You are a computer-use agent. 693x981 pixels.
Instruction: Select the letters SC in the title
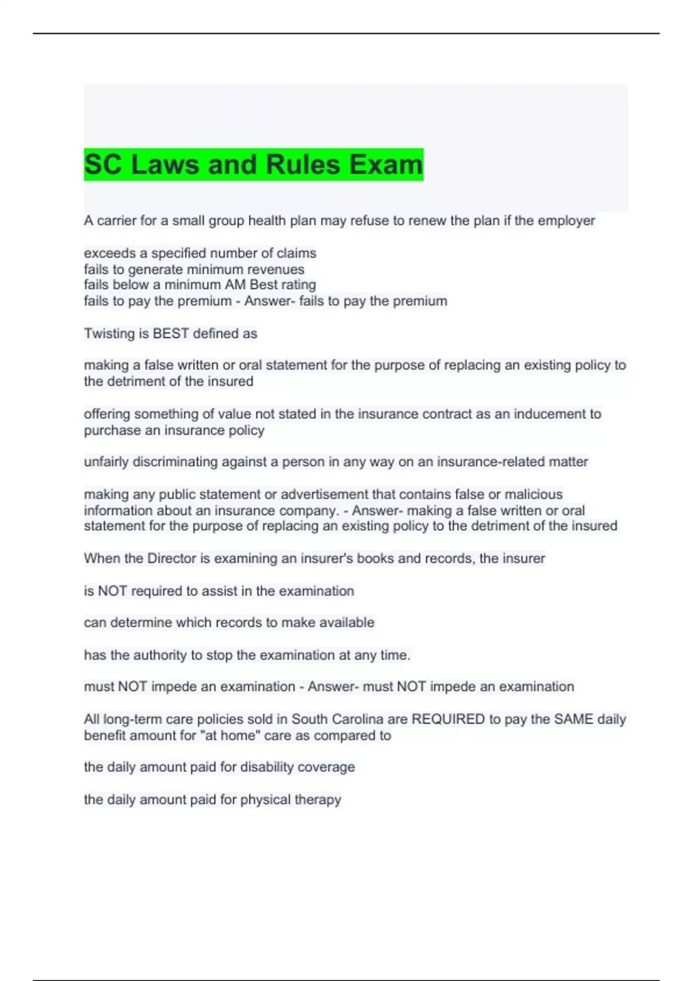pos(103,164)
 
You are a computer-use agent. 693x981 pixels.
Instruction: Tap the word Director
pos(172,558)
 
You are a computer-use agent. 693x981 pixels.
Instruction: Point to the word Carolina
pos(358,719)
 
